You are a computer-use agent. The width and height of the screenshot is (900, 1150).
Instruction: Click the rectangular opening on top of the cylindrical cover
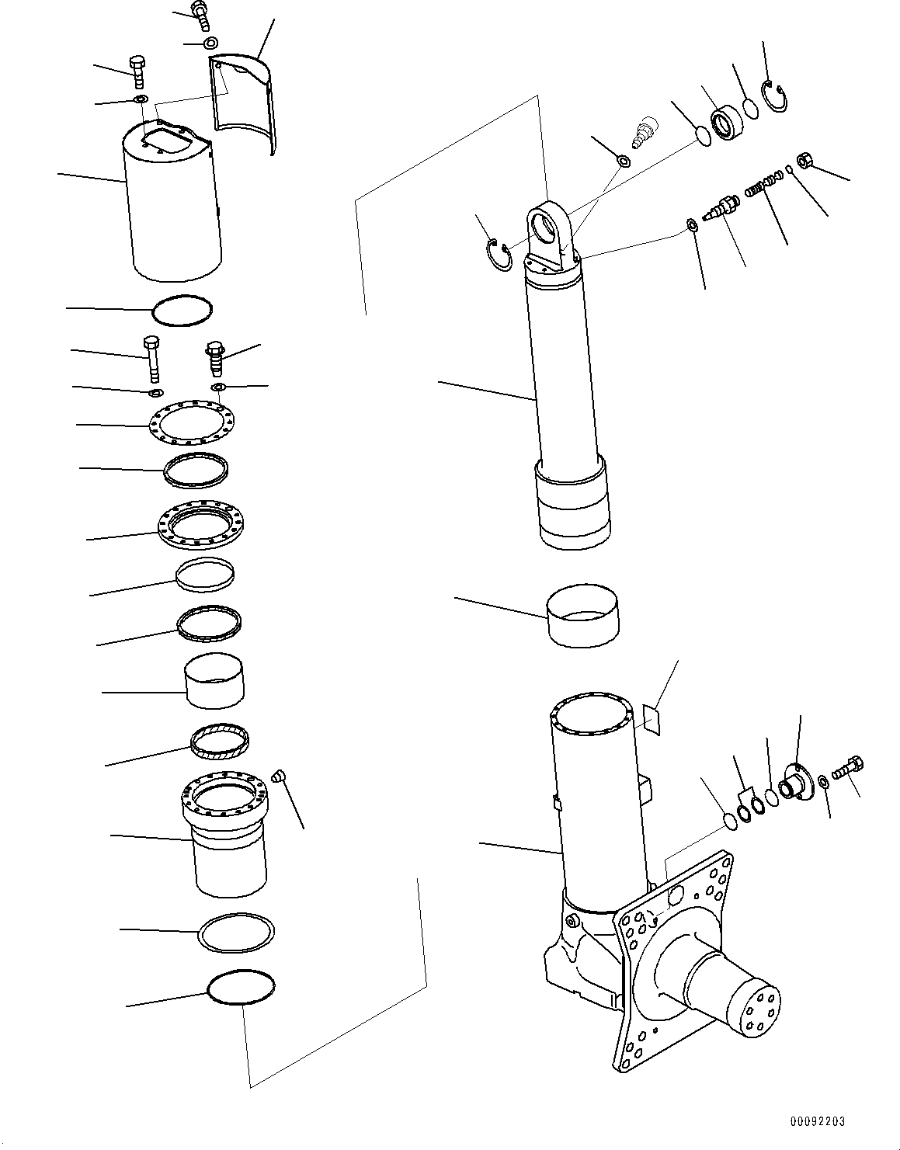169,143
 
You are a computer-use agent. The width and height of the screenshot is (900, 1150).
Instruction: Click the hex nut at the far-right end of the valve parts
806,162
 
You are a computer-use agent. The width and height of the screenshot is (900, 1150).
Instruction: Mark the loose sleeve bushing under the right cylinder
582,615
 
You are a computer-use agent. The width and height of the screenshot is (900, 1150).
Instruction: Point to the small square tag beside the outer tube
652,719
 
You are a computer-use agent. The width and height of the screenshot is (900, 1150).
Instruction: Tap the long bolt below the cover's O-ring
152,359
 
